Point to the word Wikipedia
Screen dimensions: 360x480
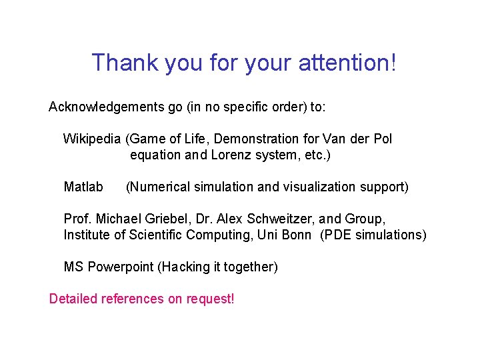(x=92, y=139)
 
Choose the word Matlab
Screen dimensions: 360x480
(x=83, y=187)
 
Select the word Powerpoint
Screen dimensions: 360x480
(x=121, y=267)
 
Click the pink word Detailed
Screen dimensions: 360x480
(x=73, y=299)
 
